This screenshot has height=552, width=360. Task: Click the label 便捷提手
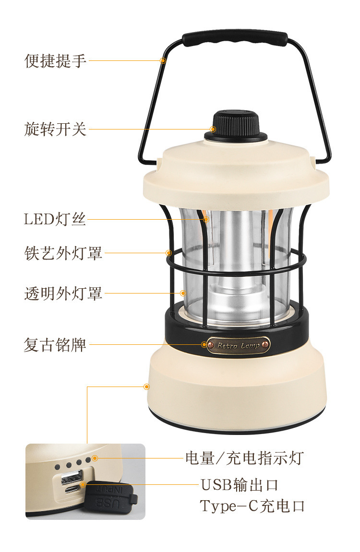pyautogui.click(x=55, y=61)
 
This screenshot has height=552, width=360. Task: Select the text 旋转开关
pyautogui.click(x=55, y=129)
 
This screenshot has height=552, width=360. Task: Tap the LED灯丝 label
pyautogui.click(x=55, y=219)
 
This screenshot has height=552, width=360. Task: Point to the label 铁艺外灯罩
pyautogui.click(x=63, y=253)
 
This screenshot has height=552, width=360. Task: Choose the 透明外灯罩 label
pyautogui.click(x=63, y=293)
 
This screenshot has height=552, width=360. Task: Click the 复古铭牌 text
pyautogui.click(x=55, y=344)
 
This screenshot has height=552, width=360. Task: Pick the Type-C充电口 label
pyautogui.click(x=252, y=506)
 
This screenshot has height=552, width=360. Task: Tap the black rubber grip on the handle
pyautogui.click(x=235, y=38)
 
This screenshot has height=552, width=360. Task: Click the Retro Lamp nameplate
pyautogui.click(x=239, y=345)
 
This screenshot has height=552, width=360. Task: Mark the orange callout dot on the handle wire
pyautogui.click(x=163, y=60)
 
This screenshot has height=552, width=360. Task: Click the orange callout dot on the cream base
pyautogui.click(x=147, y=386)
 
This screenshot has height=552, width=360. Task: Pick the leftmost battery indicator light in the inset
pyautogui.click(x=57, y=466)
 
